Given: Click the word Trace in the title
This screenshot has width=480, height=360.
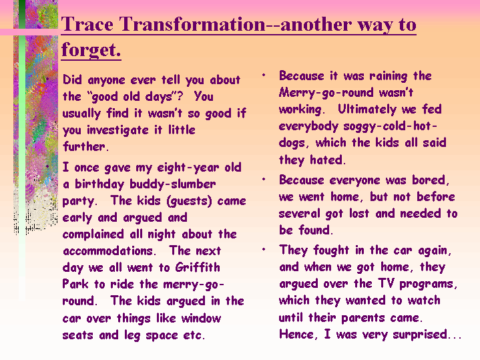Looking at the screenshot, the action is tap(87, 24).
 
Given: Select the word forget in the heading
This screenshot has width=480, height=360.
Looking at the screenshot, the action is tap(89, 49).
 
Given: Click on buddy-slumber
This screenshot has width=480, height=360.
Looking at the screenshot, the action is tap(173, 184).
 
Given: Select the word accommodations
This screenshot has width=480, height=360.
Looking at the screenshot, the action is tap(109, 251).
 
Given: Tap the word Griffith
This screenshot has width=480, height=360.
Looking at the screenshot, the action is tap(198, 267).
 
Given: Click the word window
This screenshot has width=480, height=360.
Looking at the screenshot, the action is tap(201, 318).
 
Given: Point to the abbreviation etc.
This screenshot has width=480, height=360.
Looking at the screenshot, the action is tap(194, 335).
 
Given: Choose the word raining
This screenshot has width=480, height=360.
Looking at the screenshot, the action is tap(388, 76).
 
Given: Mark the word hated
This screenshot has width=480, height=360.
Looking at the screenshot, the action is tap(328, 160).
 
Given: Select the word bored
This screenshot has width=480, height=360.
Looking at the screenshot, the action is tap(431, 180).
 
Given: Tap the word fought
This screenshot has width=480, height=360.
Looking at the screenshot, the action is tap(331, 250).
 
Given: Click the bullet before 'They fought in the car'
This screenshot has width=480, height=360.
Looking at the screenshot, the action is tap(264, 250).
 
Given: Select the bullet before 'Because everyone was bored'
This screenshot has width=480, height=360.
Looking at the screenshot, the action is tap(264, 179).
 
